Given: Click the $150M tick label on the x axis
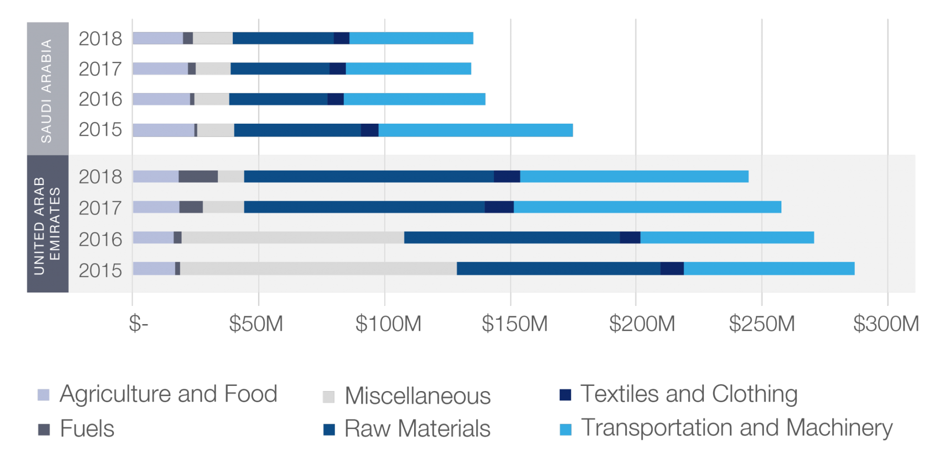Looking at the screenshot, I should [x=514, y=323].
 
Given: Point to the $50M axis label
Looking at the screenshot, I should [x=256, y=323].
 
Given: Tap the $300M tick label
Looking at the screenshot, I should [x=886, y=323].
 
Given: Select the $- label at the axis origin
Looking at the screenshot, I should [x=138, y=323].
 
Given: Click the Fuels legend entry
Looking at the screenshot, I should [x=86, y=429].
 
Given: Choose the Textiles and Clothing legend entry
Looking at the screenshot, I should [x=688, y=394].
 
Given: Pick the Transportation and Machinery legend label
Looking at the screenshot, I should [x=736, y=428].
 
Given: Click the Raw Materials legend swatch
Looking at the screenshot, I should [x=329, y=430].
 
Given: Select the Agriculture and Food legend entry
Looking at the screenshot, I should [x=168, y=394].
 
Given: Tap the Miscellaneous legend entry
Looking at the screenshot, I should [x=417, y=396].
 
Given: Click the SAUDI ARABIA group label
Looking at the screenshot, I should [x=47, y=91].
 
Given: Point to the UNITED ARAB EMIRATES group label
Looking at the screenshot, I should [x=47, y=225].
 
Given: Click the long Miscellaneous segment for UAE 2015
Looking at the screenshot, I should [x=318, y=269].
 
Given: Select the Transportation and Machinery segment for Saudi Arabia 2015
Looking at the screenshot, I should [x=476, y=130].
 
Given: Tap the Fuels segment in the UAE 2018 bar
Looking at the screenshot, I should [x=198, y=177].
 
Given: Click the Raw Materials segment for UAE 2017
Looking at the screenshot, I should [x=364, y=207].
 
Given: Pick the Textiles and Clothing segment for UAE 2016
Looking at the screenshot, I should [x=630, y=238].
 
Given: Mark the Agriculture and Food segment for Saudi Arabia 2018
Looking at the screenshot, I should [x=158, y=38].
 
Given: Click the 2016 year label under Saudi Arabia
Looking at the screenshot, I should [x=100, y=100].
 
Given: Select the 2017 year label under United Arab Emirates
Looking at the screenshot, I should [x=100, y=208].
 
